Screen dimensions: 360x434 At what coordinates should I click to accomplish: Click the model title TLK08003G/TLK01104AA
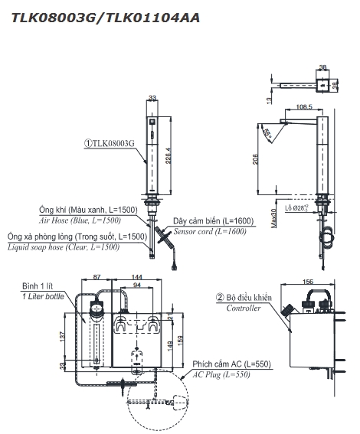coord(105,18)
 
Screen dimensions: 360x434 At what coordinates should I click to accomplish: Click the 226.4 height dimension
coord(169,155)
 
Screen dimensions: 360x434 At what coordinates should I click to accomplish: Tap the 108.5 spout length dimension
coord(304,106)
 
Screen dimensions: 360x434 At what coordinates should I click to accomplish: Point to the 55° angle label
coord(268,133)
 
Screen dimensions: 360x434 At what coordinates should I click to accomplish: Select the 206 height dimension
coord(255,159)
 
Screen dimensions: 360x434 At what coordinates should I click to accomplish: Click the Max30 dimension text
coord(273,218)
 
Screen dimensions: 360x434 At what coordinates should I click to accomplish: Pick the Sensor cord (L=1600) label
coord(210,231)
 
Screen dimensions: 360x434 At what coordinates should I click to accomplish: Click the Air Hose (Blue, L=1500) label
coord(80,220)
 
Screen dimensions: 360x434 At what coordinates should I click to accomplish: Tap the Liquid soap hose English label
coord(64,247)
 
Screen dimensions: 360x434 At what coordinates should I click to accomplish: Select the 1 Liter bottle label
coord(43,296)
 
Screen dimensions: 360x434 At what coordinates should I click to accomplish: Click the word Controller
coord(244,308)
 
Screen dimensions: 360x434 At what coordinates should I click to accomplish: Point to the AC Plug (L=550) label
coord(221,375)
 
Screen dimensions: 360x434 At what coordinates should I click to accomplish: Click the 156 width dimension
coord(308,282)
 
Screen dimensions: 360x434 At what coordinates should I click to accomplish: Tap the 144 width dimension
coord(137,277)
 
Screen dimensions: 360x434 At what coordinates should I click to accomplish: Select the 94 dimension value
coord(137,285)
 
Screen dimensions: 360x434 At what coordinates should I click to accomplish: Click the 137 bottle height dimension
coord(63,336)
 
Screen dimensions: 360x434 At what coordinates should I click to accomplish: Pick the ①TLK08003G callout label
coord(110,143)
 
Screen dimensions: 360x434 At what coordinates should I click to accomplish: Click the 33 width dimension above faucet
coord(152,98)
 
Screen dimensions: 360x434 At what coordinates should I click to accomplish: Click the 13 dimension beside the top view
coord(269,100)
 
